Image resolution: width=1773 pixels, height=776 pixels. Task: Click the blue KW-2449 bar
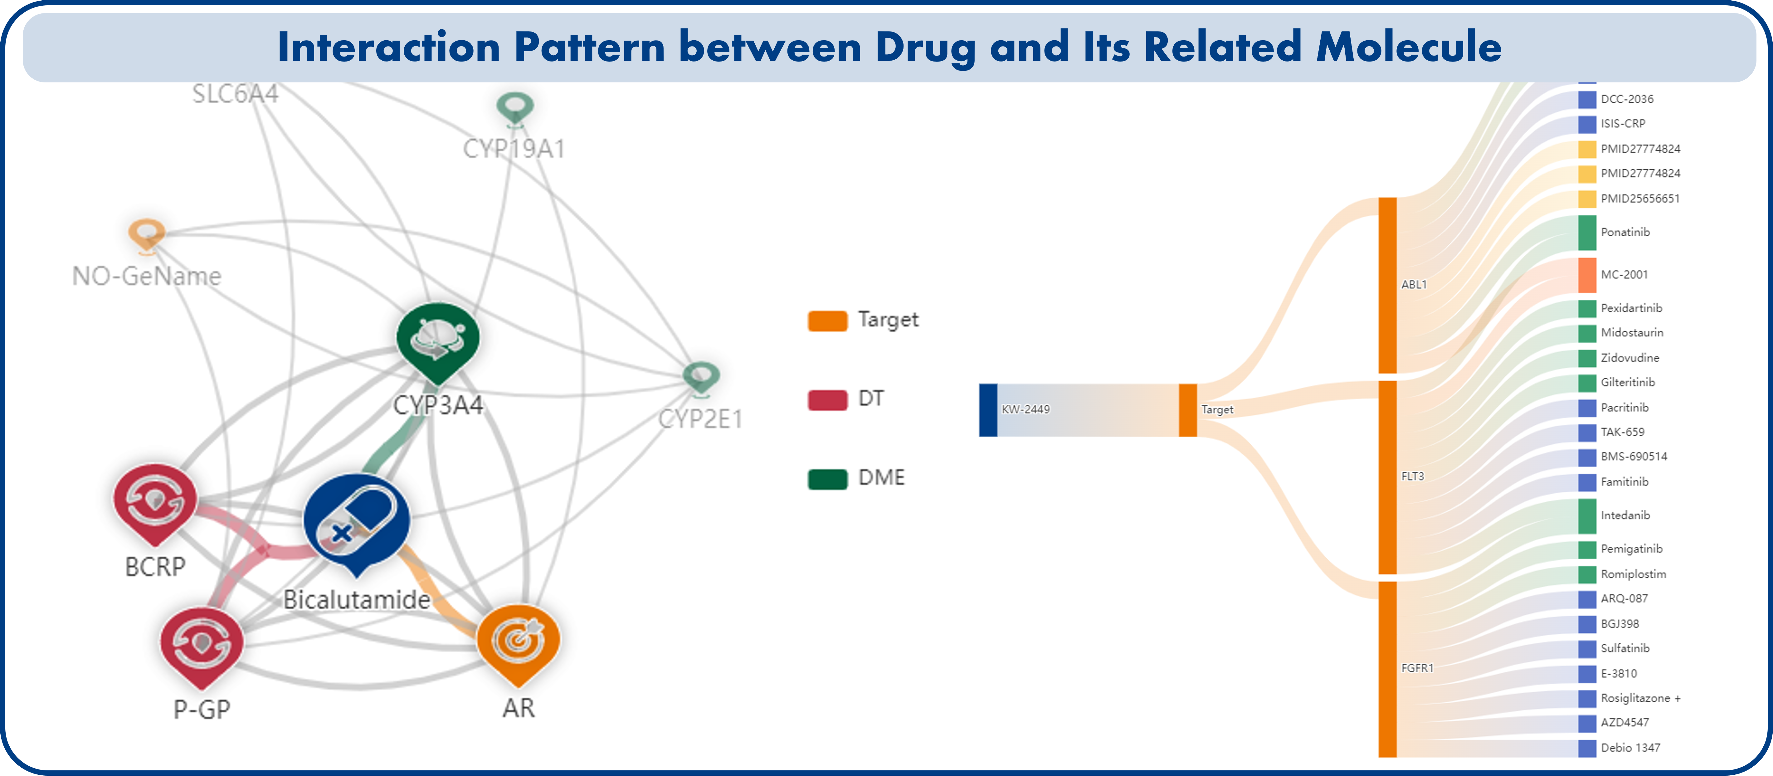[x=988, y=410]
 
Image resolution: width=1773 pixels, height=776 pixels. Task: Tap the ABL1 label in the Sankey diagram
[x=1414, y=284]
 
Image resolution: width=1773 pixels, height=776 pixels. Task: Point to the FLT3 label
[x=1412, y=476]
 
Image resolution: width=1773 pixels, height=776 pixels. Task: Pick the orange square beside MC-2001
[x=1586, y=275]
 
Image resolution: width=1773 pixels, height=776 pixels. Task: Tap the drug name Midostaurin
[x=1631, y=332]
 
